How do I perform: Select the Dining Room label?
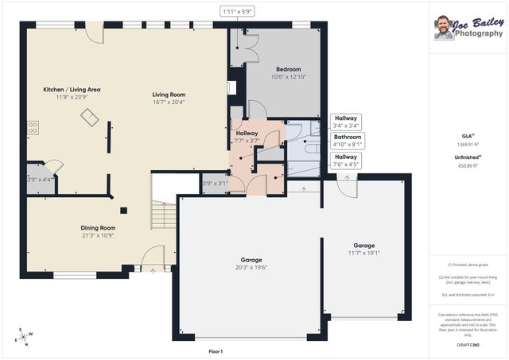[x=97, y=227]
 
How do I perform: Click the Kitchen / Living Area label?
[x=72, y=90]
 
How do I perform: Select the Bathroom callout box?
[x=347, y=141]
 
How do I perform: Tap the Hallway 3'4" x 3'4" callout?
[x=346, y=121]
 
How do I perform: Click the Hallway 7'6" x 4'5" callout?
[x=346, y=161]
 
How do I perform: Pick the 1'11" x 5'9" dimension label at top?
[x=237, y=10]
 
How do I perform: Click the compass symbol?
[x=25, y=336]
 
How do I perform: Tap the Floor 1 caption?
[x=215, y=350]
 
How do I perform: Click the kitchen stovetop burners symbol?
[x=33, y=126]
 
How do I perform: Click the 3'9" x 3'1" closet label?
[x=215, y=184]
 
